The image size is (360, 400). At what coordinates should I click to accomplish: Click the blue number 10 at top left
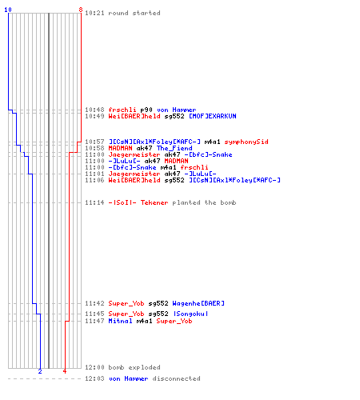click(x=8, y=10)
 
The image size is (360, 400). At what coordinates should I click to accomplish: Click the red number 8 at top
click(x=81, y=10)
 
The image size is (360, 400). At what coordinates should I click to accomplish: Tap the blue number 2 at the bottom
click(x=40, y=371)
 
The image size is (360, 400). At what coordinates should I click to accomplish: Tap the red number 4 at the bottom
click(x=65, y=371)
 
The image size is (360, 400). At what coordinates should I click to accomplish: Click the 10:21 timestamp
click(x=94, y=13)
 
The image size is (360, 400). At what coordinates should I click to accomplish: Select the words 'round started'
click(x=134, y=13)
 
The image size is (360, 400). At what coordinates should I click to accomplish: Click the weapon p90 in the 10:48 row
click(x=146, y=110)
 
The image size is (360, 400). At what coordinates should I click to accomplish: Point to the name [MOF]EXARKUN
click(x=213, y=116)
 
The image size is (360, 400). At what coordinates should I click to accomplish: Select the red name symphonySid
click(x=246, y=142)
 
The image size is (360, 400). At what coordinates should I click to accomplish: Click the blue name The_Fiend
click(x=174, y=148)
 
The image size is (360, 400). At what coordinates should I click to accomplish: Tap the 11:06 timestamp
click(x=94, y=180)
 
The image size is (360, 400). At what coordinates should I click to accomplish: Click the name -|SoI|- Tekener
click(x=138, y=202)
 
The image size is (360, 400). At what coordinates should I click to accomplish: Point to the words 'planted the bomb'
click(x=204, y=202)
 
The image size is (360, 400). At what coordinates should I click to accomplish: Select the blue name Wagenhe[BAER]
click(x=198, y=303)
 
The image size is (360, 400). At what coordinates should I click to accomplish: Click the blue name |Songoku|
click(x=190, y=314)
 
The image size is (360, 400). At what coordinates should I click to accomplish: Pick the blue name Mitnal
click(x=120, y=321)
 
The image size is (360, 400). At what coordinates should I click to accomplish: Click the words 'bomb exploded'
click(x=134, y=367)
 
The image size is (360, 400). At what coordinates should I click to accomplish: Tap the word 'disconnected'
click(x=176, y=378)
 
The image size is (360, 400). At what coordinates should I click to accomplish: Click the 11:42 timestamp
click(x=94, y=303)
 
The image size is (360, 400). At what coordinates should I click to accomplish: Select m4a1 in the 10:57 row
click(x=212, y=142)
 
